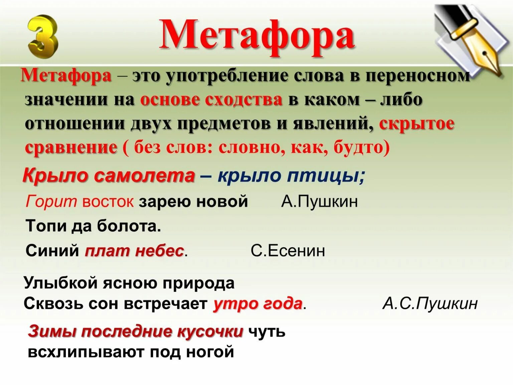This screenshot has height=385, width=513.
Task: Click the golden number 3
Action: pos(42,37)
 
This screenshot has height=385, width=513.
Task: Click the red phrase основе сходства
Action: pos(211,100)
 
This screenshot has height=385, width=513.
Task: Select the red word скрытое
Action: pos(416,123)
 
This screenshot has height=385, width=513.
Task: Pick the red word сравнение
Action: pos(71,147)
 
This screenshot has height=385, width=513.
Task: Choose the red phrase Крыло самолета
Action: pos(109,175)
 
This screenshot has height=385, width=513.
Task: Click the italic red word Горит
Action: pos(51,201)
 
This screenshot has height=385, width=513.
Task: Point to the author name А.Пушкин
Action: pos(319,201)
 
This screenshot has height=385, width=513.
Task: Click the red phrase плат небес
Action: pos(134,251)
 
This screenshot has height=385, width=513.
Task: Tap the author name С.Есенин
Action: pos(288,251)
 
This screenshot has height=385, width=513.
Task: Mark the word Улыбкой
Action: pos(60,283)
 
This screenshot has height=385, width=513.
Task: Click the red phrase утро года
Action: pos(258,304)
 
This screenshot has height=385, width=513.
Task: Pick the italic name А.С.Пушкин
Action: pos(430,304)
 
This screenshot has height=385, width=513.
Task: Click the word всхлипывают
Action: pos(86,352)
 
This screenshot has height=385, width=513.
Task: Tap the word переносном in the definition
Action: pos(417,76)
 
